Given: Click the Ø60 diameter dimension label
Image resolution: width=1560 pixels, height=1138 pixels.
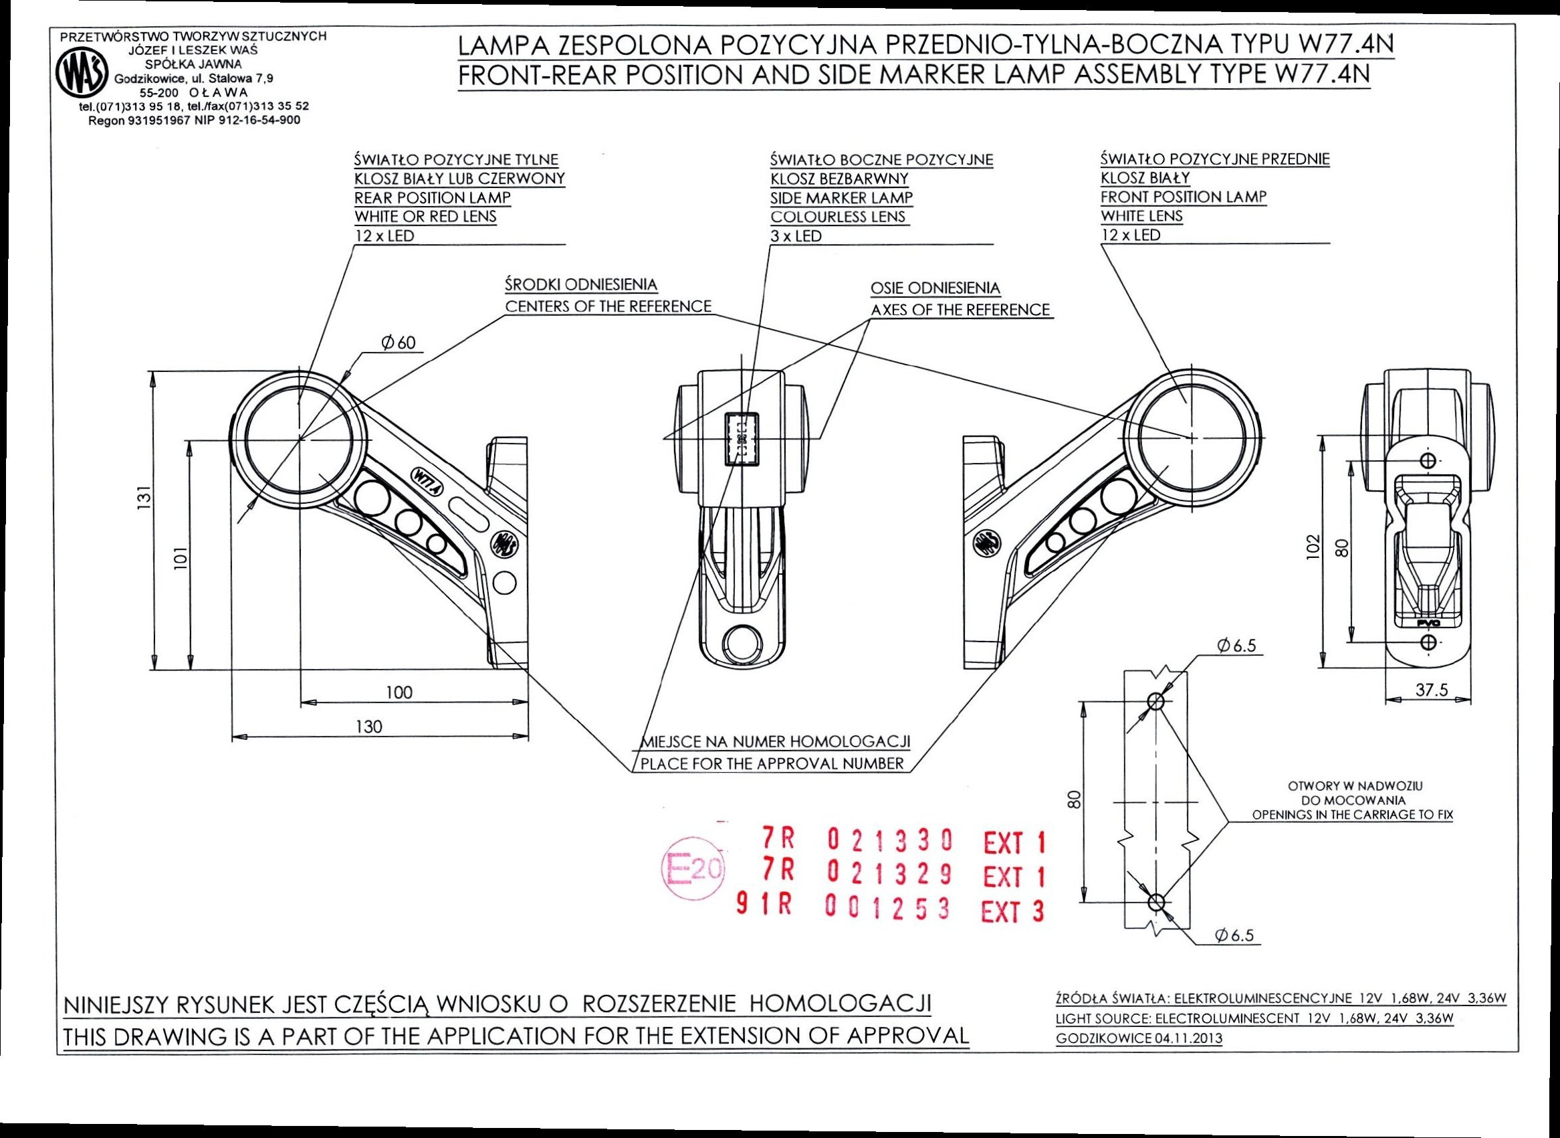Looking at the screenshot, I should coord(398,343).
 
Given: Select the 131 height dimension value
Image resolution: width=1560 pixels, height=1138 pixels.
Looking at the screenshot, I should coord(143,497).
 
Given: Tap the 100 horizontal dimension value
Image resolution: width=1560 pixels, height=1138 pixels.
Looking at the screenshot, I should coord(399,692).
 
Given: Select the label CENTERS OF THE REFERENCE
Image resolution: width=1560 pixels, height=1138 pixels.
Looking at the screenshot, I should coord(608,306).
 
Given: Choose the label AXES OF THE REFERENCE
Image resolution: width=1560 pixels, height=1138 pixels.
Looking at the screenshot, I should coord(960,310).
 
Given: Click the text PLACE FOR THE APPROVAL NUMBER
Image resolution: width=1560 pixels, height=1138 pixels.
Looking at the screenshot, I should coord(772,763).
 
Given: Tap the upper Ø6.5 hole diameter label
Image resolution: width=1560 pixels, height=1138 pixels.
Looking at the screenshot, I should coord(1236,646).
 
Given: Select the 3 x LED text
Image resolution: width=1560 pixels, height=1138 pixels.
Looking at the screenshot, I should coord(796,235).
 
